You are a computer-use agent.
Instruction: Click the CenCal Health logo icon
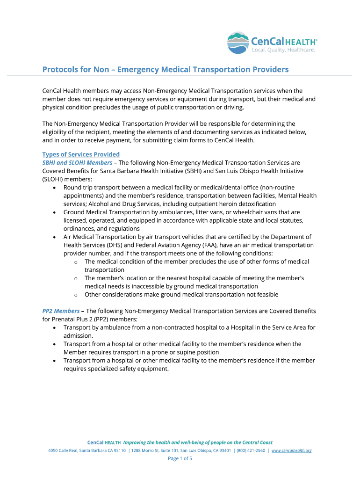coord(238,43)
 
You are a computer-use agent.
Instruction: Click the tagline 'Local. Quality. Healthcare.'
coord(284,50)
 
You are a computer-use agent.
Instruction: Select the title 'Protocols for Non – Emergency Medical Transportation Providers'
coord(166,70)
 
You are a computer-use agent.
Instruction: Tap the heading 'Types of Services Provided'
coord(81,154)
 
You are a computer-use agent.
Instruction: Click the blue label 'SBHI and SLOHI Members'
coord(77,163)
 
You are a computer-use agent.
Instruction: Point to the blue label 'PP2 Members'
coord(61,311)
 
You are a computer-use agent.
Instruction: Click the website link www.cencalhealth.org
coord(291,450)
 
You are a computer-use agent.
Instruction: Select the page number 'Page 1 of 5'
coord(180,458)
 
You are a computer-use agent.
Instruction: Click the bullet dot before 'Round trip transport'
coord(56,188)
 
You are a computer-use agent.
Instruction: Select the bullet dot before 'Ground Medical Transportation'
coord(56,212)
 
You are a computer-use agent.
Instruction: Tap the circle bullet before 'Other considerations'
coord(76,295)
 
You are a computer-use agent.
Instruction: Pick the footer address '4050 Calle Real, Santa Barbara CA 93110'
coord(87,450)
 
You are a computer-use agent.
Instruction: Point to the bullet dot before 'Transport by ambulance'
coord(56,327)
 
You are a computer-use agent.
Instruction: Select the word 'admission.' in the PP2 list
coord(79,336)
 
